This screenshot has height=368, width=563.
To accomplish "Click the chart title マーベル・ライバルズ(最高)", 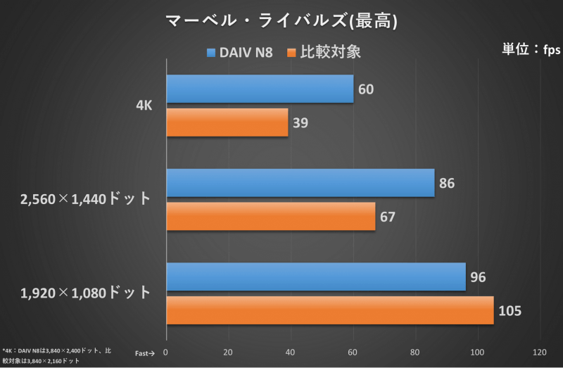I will pyautogui.click(x=281, y=20).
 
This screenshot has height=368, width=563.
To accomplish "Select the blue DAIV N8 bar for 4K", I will pyautogui.click(x=260, y=89).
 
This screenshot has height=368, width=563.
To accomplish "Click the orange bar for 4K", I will pyautogui.click(x=227, y=122).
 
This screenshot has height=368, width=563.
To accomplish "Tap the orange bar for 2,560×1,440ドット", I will pyautogui.click(x=271, y=216).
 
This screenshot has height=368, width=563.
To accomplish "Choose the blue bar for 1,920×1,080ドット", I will pyautogui.click(x=316, y=277).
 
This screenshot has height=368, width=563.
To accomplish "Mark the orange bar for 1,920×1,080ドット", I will pyautogui.click(x=330, y=310).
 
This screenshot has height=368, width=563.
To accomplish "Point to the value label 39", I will pyautogui.click(x=300, y=123).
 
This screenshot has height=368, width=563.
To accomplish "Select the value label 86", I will pyautogui.click(x=446, y=184).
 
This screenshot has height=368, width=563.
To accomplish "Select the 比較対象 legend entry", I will pyautogui.click(x=325, y=52).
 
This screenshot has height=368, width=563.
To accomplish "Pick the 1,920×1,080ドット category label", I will pyautogui.click(x=86, y=293).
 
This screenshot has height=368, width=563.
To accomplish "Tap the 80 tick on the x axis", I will pyautogui.click(x=415, y=353).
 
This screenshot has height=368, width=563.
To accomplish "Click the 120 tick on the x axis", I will pyautogui.click(x=540, y=353).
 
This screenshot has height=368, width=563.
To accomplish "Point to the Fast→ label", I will pyautogui.click(x=144, y=353).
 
